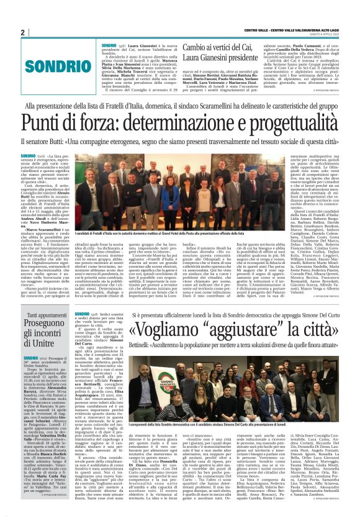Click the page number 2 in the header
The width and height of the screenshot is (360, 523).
pos(22,32)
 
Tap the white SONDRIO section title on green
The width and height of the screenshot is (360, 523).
pos(50,66)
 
